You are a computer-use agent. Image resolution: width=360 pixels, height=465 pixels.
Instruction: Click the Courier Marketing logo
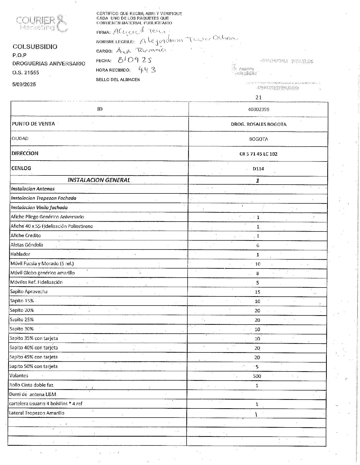click(x=42, y=23)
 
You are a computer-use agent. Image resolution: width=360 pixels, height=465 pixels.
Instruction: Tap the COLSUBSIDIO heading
click(x=35, y=47)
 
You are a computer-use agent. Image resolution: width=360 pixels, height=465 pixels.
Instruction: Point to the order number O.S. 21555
click(x=26, y=73)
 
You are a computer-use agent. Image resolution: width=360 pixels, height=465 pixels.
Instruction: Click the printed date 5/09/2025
click(x=24, y=84)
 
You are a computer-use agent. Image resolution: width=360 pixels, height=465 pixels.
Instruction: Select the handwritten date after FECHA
click(x=135, y=60)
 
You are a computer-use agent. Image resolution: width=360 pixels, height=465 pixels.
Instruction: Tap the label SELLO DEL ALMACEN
click(x=118, y=80)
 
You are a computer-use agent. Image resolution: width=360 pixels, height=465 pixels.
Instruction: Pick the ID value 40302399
click(x=258, y=110)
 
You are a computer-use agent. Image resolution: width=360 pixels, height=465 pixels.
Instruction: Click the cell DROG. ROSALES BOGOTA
click(x=259, y=124)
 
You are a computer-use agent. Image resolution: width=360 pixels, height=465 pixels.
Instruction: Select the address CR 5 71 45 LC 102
click(x=258, y=154)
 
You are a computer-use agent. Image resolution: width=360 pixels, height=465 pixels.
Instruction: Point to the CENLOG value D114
click(x=258, y=169)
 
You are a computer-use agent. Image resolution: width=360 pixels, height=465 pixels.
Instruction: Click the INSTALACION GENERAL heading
click(x=99, y=180)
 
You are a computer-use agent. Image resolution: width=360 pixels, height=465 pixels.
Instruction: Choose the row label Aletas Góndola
click(x=27, y=245)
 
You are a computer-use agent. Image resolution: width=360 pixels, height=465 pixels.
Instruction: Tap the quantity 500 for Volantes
click(x=257, y=376)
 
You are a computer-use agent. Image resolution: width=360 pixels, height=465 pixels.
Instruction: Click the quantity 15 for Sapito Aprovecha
click(x=257, y=292)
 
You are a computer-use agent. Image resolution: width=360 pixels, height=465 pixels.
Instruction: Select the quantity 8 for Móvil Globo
click(x=258, y=273)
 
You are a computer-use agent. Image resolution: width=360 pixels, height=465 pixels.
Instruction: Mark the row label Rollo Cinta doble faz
click(x=31, y=385)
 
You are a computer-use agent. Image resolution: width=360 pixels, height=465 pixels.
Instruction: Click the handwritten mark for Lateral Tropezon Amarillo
click(x=256, y=415)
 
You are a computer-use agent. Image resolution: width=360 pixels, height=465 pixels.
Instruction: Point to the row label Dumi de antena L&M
click(x=32, y=394)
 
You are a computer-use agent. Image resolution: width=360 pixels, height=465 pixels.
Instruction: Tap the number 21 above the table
click(x=258, y=97)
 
